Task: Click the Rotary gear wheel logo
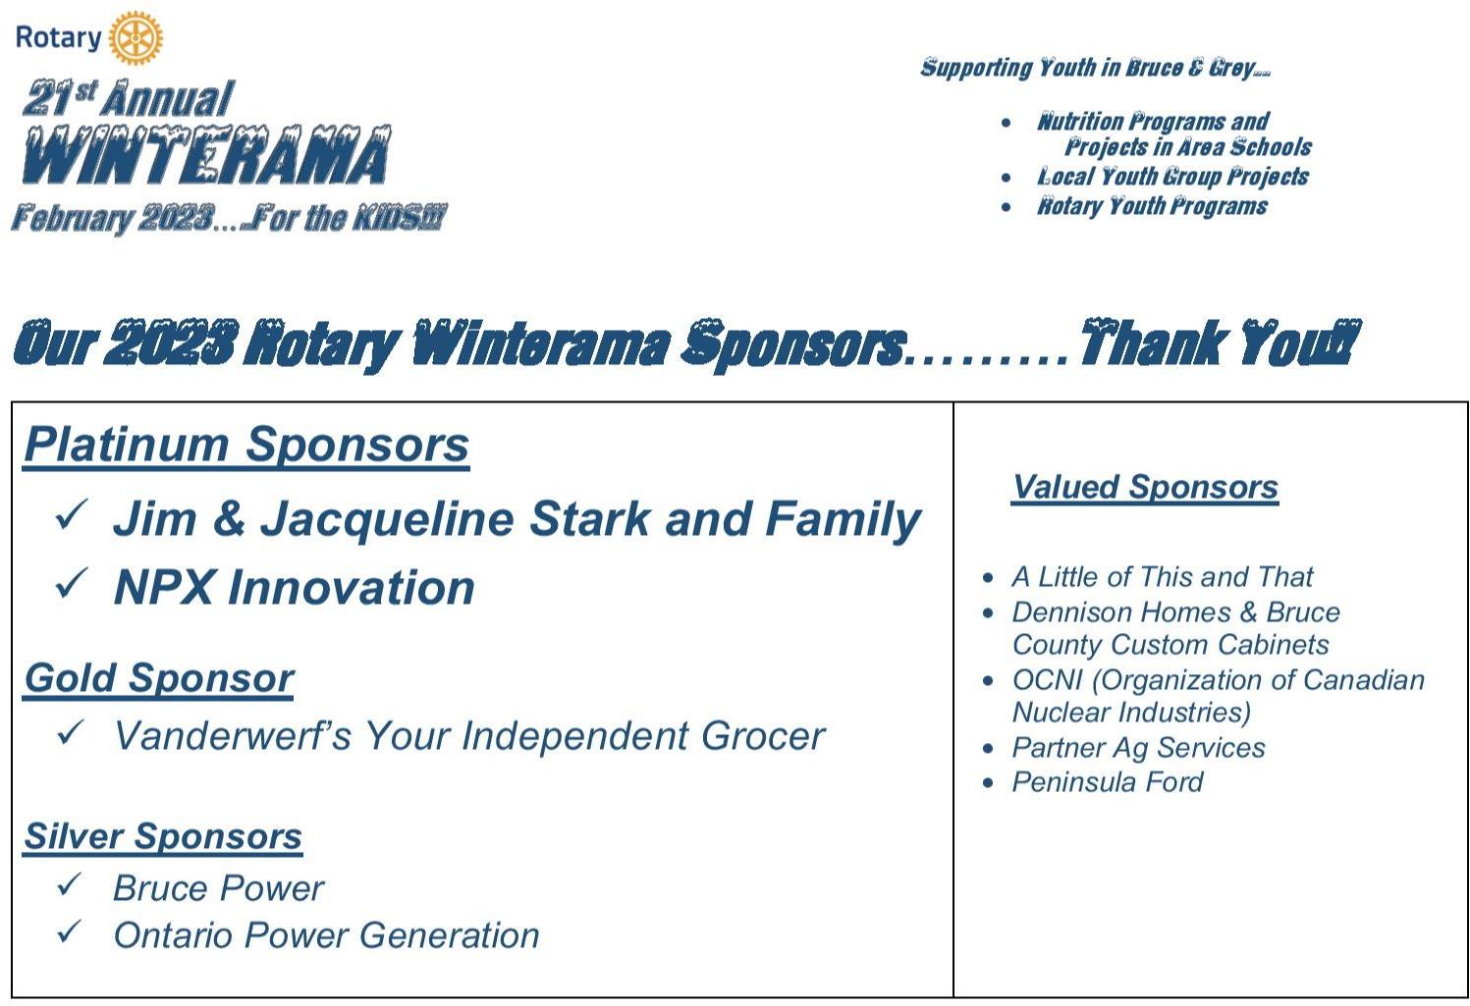pos(136,37)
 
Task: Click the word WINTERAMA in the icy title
pos(206,155)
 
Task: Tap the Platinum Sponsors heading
pos(246,446)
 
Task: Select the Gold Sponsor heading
pos(158,679)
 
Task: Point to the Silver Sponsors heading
pos(163,837)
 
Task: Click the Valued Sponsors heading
pos(1145,487)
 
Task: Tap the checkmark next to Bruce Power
pos(70,884)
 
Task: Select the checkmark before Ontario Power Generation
pos(70,931)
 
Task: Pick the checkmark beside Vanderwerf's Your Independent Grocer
pos(71,732)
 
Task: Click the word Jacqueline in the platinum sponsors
pos(387,521)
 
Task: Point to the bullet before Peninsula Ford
pos(988,783)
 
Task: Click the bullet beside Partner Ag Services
pos(988,748)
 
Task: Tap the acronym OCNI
pos(1047,680)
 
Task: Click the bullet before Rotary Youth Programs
pos(1007,207)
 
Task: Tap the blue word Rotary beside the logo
pos(58,38)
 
